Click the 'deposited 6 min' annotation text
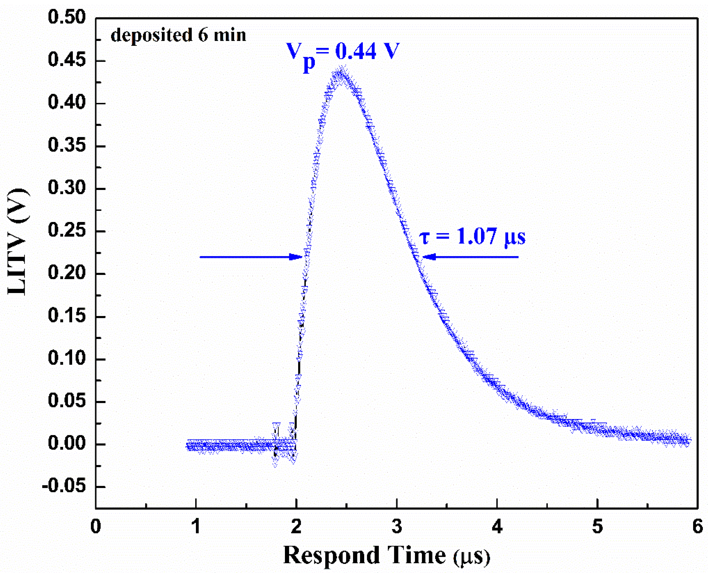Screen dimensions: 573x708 tap(178, 35)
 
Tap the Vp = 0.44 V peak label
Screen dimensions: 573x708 tap(342, 53)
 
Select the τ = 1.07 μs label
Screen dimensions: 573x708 tap(472, 236)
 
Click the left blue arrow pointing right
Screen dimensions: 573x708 tap(251, 257)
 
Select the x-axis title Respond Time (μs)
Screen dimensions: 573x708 tap(386, 555)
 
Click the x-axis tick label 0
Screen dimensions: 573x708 tap(96, 526)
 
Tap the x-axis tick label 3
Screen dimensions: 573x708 tap(397, 526)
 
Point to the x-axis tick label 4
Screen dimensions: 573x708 tap(497, 526)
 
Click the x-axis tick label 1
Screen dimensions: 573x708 tap(196, 526)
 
